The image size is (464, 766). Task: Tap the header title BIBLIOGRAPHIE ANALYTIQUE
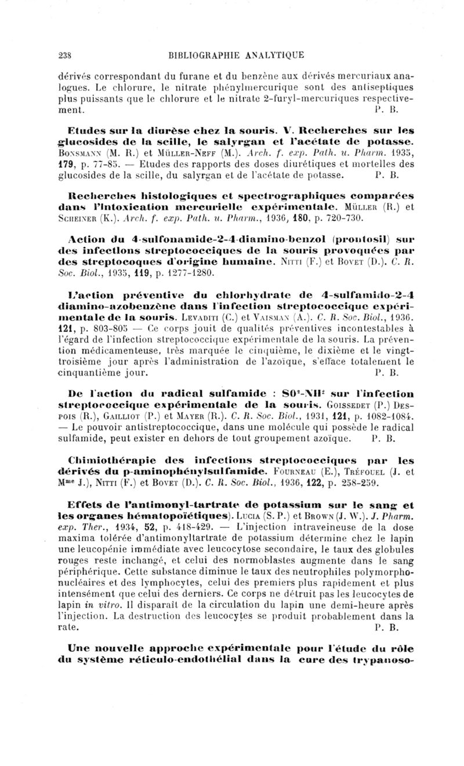(235, 56)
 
